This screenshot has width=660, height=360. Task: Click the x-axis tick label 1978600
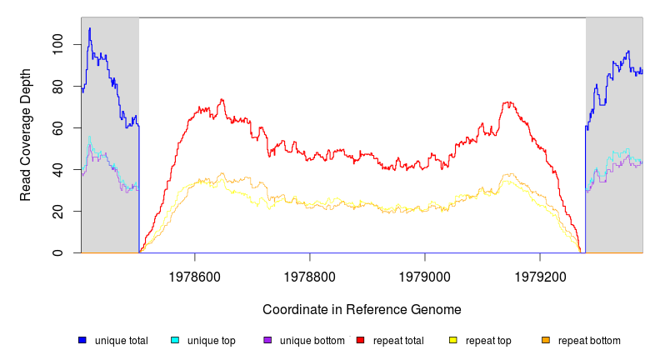pos(195,274)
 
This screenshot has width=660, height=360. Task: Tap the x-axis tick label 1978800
pos(310,274)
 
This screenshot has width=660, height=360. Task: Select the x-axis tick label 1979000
pos(425,274)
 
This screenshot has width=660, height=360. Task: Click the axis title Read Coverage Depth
pos(27,135)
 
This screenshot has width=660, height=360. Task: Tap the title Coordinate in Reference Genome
pos(362,309)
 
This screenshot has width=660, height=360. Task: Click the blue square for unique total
pos(82,340)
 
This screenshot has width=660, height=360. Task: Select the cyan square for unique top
pos(175,340)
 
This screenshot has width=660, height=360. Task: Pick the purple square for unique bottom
pos(267,340)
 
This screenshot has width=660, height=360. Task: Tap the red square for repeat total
pos(361,340)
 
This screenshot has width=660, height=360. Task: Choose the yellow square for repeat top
pos(453,340)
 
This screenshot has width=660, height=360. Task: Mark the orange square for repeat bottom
pos(546,340)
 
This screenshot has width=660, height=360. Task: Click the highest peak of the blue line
pos(90,28)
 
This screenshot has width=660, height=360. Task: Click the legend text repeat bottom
pos(589,340)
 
